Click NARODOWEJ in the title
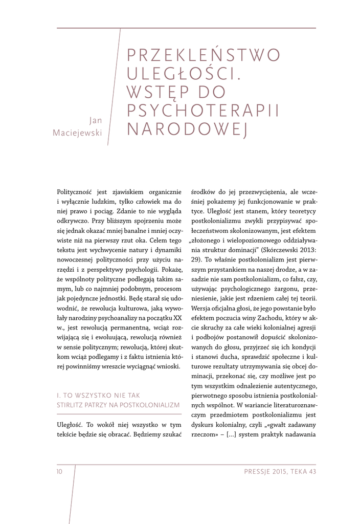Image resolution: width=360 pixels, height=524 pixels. pos(187,129)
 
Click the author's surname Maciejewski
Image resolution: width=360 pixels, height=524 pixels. pos(78,133)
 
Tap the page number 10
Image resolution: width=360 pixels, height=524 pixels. pos(59,471)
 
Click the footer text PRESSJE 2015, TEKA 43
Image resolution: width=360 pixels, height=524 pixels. pos(280,471)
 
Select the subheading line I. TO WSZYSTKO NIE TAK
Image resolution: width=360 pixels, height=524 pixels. pos(98,396)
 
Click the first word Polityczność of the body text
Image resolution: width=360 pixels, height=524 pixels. pos(77,191)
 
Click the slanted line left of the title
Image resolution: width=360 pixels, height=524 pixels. pos(114,87)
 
